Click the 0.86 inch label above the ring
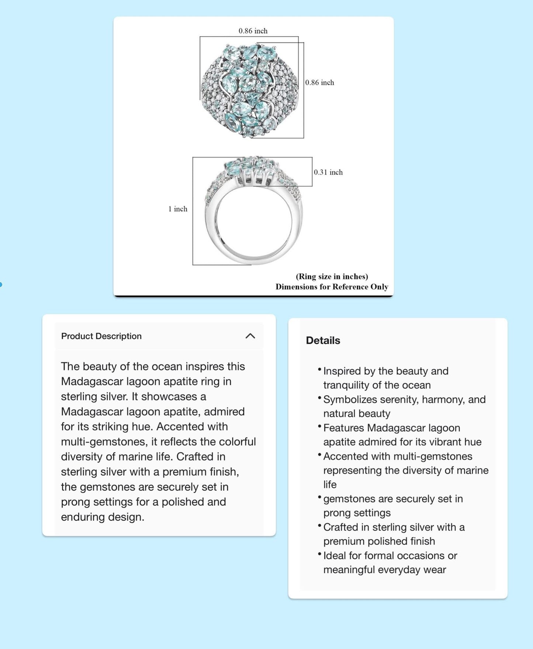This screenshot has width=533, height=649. point(253,31)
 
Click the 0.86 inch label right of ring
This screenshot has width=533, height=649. point(319,83)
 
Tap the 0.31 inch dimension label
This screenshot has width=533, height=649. point(328,172)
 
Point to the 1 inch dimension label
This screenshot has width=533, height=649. point(178,209)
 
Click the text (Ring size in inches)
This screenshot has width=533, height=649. point(332,277)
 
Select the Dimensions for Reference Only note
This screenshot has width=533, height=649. point(332,287)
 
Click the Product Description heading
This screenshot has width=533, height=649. point(101,336)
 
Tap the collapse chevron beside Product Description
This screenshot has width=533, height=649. point(250,336)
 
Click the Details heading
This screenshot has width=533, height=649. point(323,340)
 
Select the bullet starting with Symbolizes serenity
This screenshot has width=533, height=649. point(404,406)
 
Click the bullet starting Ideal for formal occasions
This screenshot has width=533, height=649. point(390,562)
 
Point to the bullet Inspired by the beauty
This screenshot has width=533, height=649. point(385,378)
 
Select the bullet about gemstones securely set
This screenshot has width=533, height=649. point(393,506)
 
